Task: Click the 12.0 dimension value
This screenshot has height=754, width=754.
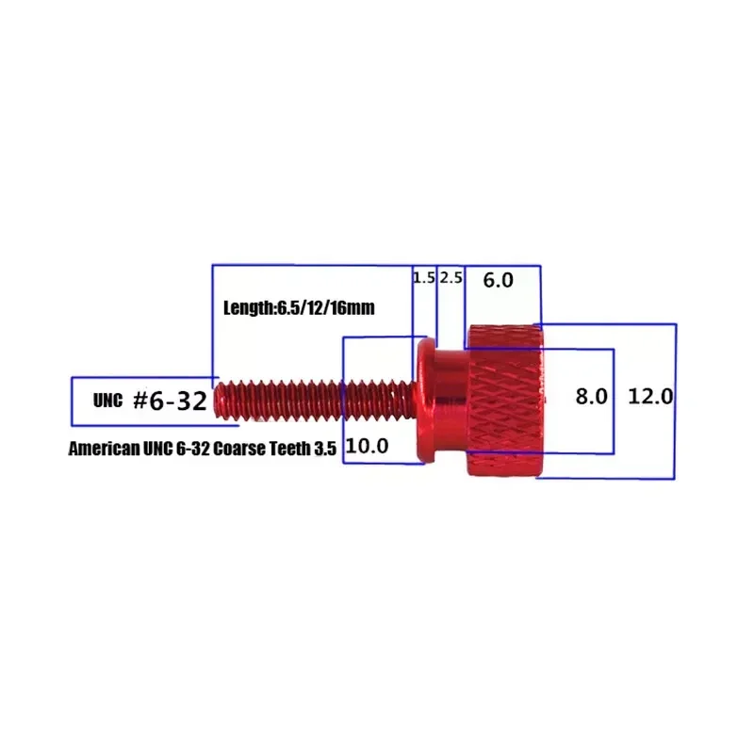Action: click(x=650, y=397)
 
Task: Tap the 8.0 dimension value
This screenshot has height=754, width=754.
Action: click(x=592, y=397)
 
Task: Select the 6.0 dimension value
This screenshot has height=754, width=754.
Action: click(x=498, y=280)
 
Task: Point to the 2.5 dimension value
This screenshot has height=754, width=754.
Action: click(x=451, y=278)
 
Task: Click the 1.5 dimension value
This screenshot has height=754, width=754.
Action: click(x=424, y=278)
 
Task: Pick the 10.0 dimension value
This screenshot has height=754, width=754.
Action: click(x=368, y=447)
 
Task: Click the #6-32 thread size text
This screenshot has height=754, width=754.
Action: click(x=169, y=401)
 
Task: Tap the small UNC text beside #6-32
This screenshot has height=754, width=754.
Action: click(x=107, y=401)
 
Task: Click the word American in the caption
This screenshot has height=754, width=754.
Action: click(x=103, y=450)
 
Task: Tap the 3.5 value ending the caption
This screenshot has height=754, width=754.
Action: click(x=326, y=450)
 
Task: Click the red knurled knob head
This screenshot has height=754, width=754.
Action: click(x=503, y=400)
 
